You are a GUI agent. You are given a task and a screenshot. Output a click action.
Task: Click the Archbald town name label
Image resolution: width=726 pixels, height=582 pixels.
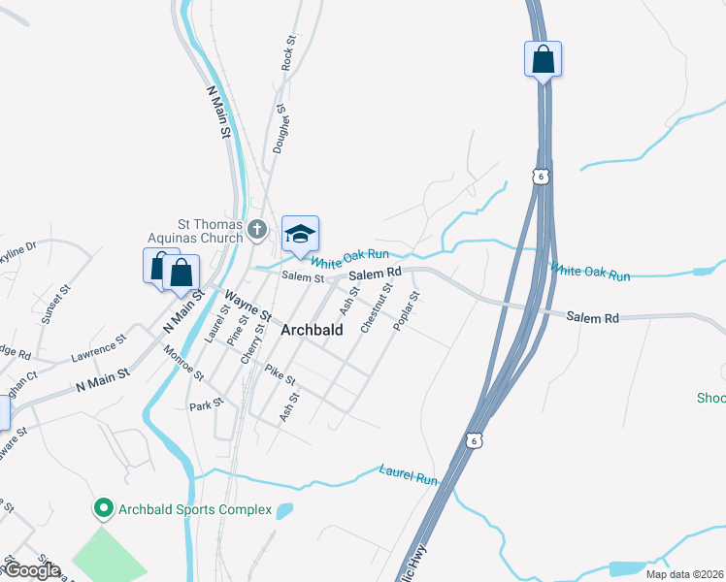coord(311,330)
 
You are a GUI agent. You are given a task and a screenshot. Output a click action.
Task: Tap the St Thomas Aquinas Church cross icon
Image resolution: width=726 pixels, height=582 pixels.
coord(257,230)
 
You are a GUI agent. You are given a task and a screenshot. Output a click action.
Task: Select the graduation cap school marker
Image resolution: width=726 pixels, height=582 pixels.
coord(301,234)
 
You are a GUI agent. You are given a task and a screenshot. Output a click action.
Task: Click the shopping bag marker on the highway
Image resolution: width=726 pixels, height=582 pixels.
coord(544,59)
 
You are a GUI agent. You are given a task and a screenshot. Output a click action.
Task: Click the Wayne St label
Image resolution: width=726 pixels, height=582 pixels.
coord(248,304)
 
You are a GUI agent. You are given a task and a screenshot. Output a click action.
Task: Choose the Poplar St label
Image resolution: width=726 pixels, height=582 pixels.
coord(406,310)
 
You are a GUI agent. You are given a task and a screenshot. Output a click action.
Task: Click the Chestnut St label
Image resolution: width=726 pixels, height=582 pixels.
coord(377,308)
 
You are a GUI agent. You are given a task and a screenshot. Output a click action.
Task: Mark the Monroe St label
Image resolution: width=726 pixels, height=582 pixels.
coord(184,361)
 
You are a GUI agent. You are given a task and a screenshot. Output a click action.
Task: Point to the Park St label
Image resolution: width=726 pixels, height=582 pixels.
coord(207,405)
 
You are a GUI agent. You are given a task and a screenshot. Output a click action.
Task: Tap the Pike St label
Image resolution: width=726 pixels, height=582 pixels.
coord(280,374)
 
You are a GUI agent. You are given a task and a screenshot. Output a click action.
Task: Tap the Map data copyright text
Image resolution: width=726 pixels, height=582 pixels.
coord(684,574)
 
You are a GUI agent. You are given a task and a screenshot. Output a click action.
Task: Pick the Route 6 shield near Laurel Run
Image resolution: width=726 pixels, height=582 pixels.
coord(473,440)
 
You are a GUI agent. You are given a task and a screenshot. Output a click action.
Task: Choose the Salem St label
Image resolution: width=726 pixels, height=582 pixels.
coord(302,277)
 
